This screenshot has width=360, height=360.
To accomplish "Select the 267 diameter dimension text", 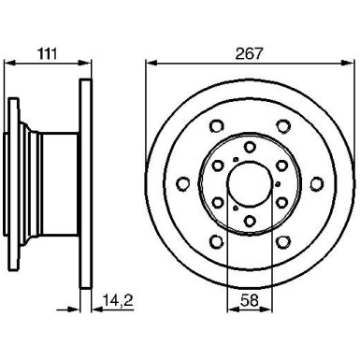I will pos(249,54).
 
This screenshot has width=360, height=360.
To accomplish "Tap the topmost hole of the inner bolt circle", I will pos(249,147).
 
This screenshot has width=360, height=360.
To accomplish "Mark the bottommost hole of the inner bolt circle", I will pos(249,221).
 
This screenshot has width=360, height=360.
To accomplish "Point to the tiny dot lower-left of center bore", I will pos(235,206).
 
